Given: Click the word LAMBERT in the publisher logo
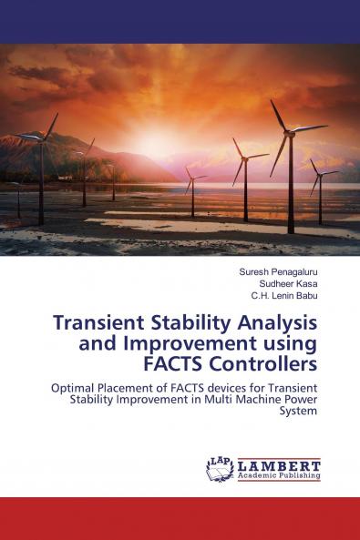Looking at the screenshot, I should (279, 464).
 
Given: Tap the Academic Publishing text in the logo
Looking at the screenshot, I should (279, 475).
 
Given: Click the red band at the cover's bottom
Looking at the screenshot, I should (180, 518).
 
